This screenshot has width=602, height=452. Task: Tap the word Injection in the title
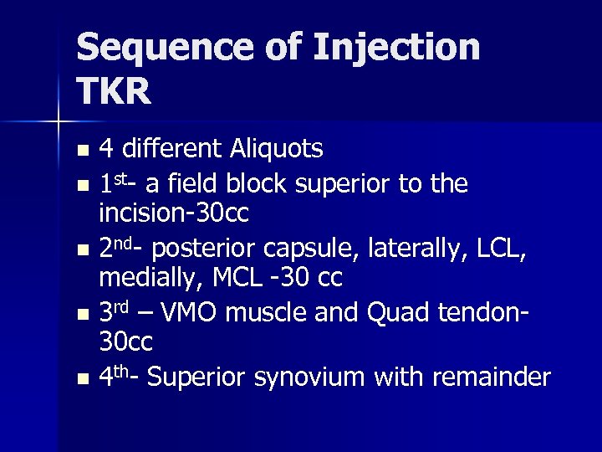point(396,49)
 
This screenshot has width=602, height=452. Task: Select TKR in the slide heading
point(114,90)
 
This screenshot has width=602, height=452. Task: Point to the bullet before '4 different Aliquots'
point(81,152)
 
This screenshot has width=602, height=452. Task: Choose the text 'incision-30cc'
point(173,214)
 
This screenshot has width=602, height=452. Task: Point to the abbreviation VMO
point(190,312)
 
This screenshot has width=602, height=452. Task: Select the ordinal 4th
point(116,378)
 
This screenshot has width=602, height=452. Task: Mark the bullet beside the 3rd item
point(81,315)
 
